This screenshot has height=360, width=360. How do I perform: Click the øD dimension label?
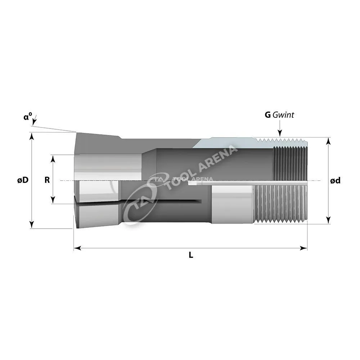tap(23, 180)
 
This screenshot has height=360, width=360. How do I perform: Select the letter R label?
tap(47, 180)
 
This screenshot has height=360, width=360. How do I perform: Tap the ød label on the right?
tap(335, 181)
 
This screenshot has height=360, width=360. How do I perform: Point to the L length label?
tap(191, 255)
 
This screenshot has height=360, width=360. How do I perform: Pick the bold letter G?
tap(268, 115)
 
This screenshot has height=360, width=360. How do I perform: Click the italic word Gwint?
tap(283, 115)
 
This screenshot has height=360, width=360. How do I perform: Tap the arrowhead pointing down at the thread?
tap(280, 133)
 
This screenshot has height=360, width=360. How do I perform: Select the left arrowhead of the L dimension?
tap(77, 248)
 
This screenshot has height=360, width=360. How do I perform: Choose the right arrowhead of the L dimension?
tap(304, 248)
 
